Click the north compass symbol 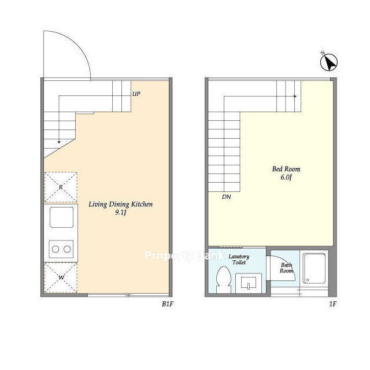[x=329, y=62]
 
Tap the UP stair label [x=136, y=94]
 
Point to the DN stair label [x=226, y=197]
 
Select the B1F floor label [x=168, y=304]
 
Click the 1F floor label [x=333, y=304]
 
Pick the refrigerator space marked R [x=61, y=187]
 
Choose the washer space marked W [x=61, y=277]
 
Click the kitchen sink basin [x=62, y=217]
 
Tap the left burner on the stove [x=55, y=249]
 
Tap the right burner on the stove [x=67, y=249]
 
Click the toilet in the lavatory [x=224, y=280]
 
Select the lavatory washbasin [x=249, y=283]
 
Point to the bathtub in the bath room [x=314, y=268]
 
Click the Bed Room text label [x=286, y=169]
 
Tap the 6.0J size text [x=286, y=177]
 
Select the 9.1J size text [x=121, y=212]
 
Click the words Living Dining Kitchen [x=121, y=204]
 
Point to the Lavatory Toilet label [x=239, y=260]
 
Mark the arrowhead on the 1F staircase [x=295, y=97]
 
